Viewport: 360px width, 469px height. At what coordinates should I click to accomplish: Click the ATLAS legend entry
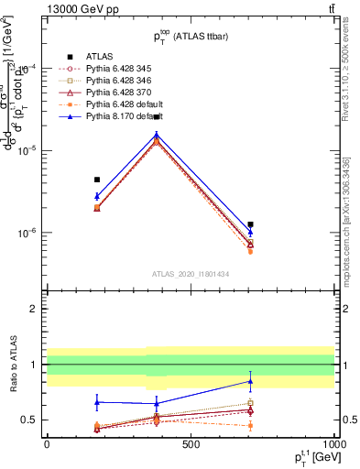click(99, 56)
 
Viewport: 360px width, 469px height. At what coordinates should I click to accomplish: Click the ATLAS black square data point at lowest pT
click(97, 180)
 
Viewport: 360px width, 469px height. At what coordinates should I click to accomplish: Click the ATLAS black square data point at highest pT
click(250, 224)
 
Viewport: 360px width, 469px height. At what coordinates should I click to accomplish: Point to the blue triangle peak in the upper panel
click(157, 135)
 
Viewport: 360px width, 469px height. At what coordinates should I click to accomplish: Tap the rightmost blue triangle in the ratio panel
click(250, 381)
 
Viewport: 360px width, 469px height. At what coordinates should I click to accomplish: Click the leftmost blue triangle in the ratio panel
click(97, 401)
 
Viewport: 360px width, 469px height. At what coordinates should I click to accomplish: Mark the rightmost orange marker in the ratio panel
click(250, 426)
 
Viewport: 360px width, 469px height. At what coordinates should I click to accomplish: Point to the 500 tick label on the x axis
click(191, 443)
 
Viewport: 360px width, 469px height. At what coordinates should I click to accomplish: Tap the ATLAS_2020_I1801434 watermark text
click(190, 275)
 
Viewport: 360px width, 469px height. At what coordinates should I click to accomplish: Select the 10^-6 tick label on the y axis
click(26, 233)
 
